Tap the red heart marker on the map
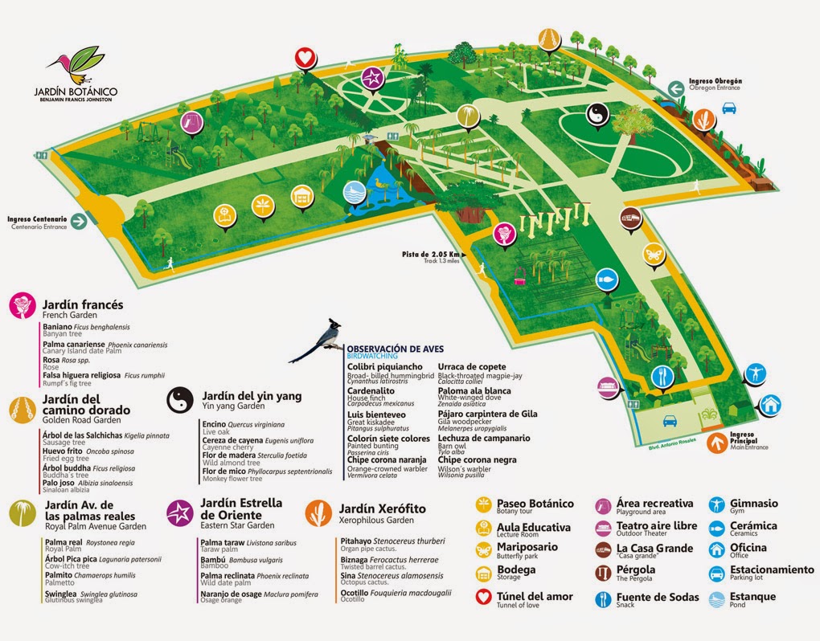[x=304, y=57]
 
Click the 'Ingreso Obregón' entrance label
[x=715, y=81]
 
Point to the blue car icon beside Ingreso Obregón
[x=729, y=107]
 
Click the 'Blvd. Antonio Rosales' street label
[x=662, y=443]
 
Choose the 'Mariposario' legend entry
[x=527, y=547]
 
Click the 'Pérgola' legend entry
[x=635, y=570]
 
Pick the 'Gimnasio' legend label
[x=754, y=503]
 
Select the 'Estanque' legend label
[x=753, y=596]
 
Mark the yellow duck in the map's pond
[x=378, y=183]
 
